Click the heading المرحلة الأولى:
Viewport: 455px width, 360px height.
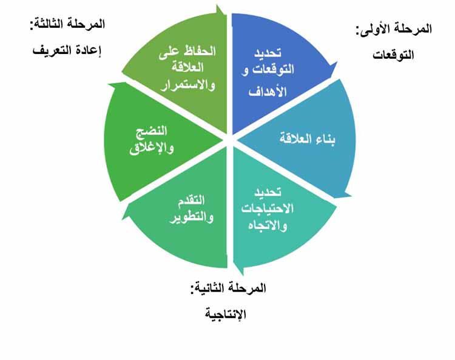(x=394, y=29)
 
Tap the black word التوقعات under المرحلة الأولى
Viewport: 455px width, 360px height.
(x=393, y=55)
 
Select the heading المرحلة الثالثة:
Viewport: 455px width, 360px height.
(x=67, y=24)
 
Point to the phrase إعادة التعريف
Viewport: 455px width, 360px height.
(x=67, y=50)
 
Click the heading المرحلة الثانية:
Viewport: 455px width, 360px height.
(x=228, y=288)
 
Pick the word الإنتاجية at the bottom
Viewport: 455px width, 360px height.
(x=226, y=314)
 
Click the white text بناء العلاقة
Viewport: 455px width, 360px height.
(x=308, y=139)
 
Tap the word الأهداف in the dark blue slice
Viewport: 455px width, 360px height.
(x=268, y=91)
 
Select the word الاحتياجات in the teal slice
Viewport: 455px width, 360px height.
(x=268, y=208)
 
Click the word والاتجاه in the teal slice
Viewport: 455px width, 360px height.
(x=268, y=225)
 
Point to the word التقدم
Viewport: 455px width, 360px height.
(x=191, y=201)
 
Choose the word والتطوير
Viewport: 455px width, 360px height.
(x=192, y=217)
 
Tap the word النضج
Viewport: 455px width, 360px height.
(x=152, y=131)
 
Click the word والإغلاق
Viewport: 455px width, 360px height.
(x=152, y=148)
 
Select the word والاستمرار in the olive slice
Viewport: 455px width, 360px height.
(x=187, y=85)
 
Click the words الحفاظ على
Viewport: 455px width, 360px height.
(x=187, y=52)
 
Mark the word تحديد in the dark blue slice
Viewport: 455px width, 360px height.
(x=268, y=53)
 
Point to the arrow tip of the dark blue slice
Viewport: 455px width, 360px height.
(x=337, y=62)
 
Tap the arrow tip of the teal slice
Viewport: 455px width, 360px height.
(x=242, y=275)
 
